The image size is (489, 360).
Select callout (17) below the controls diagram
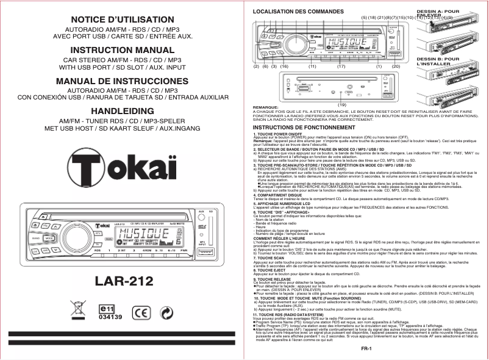pyautogui.click(x=341, y=66)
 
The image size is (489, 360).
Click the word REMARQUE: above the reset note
pyautogui.click(x=265, y=107)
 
